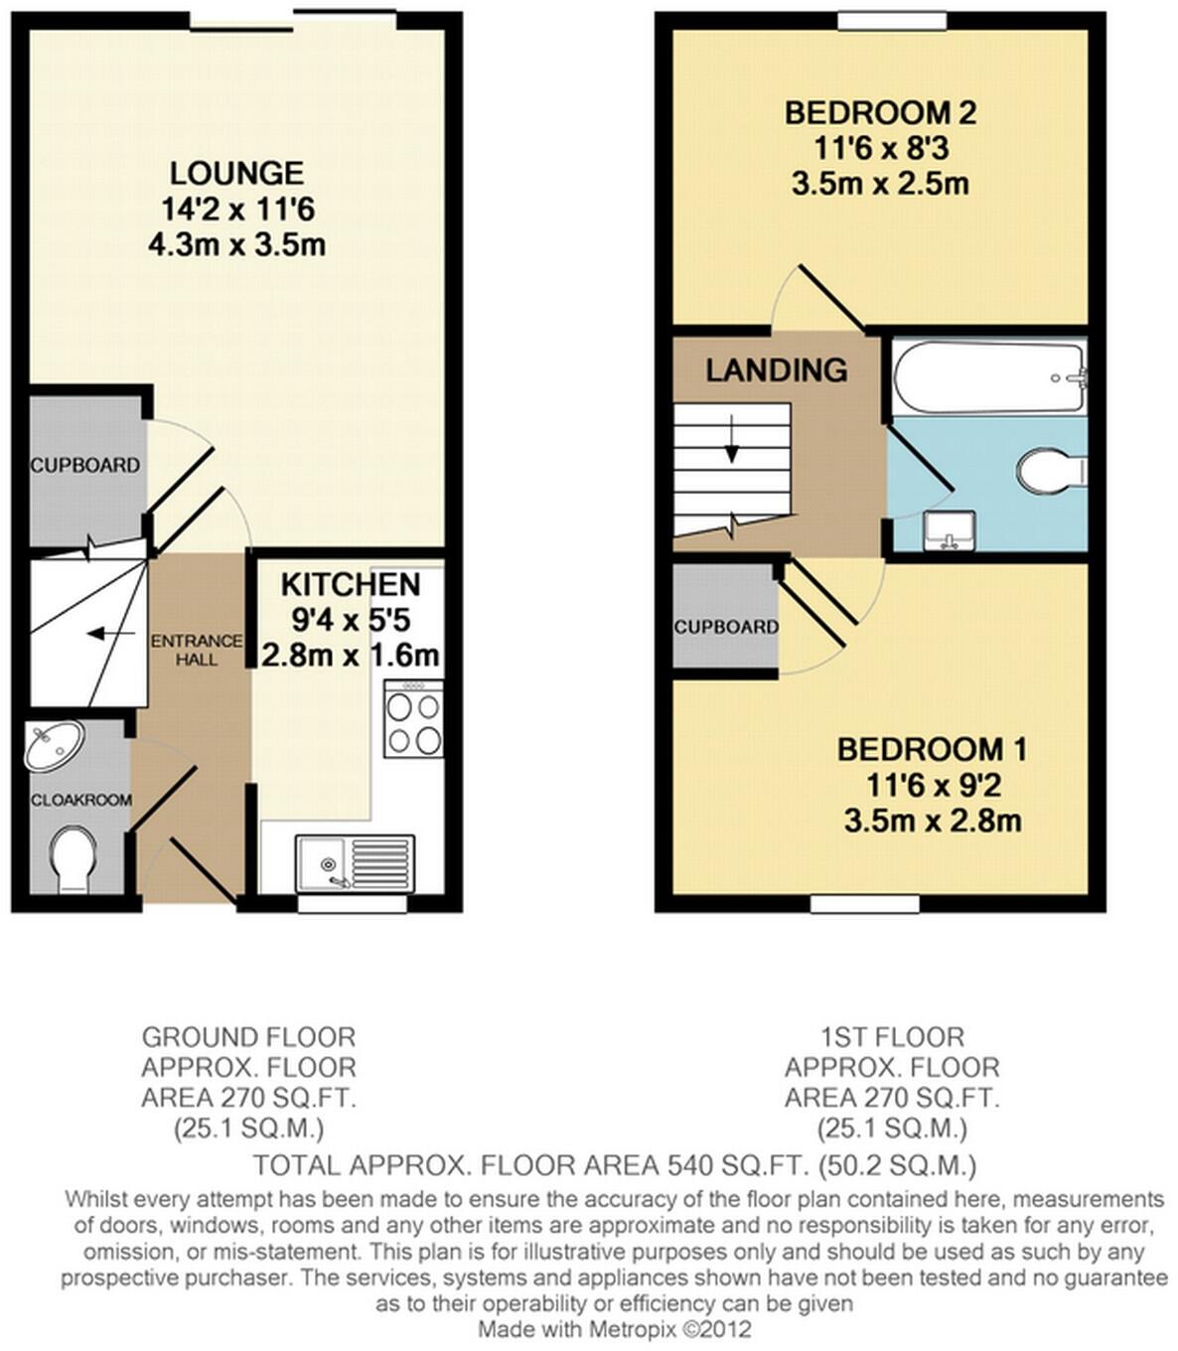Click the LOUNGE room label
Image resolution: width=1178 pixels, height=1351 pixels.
[236, 173]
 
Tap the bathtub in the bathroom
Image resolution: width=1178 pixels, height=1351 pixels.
[989, 378]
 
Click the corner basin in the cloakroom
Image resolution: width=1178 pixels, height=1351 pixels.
[53, 747]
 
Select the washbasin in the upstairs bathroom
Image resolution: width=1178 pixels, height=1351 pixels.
[949, 531]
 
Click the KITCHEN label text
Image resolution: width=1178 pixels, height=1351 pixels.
[350, 584]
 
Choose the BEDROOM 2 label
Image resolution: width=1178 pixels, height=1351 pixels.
[880, 112]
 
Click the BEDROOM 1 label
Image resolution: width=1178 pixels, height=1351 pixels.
[932, 749]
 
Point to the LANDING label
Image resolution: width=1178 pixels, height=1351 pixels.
[777, 371]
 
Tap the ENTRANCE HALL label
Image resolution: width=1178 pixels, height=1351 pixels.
[197, 650]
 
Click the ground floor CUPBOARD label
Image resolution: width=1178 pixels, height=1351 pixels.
[84, 465]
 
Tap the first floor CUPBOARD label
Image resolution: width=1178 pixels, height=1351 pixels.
[726, 627]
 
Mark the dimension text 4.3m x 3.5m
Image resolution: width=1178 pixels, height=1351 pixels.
[236, 245]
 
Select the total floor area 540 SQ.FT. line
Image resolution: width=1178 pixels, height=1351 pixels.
[615, 1164]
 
